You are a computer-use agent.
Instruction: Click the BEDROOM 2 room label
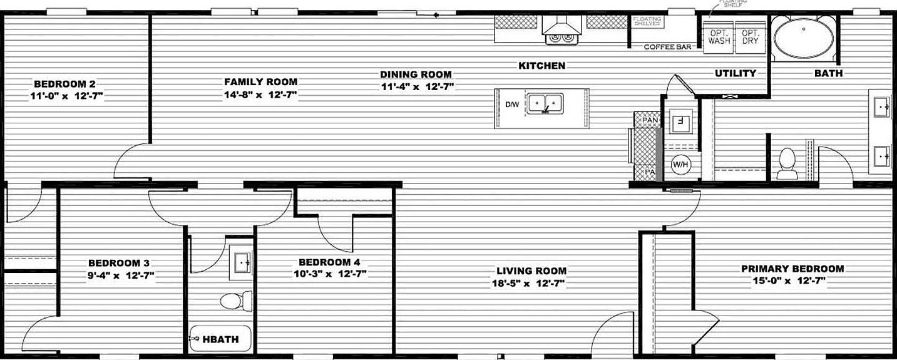pyautogui.click(x=64, y=84)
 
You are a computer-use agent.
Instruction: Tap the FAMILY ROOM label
pyautogui.click(x=260, y=82)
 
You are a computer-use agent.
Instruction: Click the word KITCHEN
pyautogui.click(x=541, y=66)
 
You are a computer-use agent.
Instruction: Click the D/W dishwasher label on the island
pyautogui.click(x=511, y=105)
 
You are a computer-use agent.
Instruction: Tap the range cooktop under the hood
pyautogui.click(x=561, y=38)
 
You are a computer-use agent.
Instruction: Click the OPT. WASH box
pyautogui.click(x=719, y=36)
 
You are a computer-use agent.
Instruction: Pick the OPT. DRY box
pyautogui.click(x=750, y=36)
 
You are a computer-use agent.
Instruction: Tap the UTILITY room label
pyautogui.click(x=736, y=73)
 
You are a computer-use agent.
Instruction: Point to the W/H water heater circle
pyautogui.click(x=680, y=165)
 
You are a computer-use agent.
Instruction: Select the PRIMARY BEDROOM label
pyautogui.click(x=792, y=269)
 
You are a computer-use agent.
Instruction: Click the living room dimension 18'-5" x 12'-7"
pyautogui.click(x=531, y=283)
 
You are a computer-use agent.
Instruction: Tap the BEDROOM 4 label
pyautogui.click(x=329, y=262)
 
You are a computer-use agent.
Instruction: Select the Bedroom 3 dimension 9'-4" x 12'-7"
pyautogui.click(x=118, y=275)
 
